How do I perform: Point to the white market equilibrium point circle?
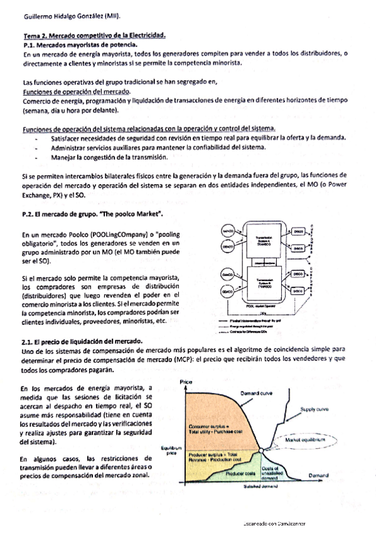point(260,448)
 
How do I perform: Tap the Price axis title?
point(186,382)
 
